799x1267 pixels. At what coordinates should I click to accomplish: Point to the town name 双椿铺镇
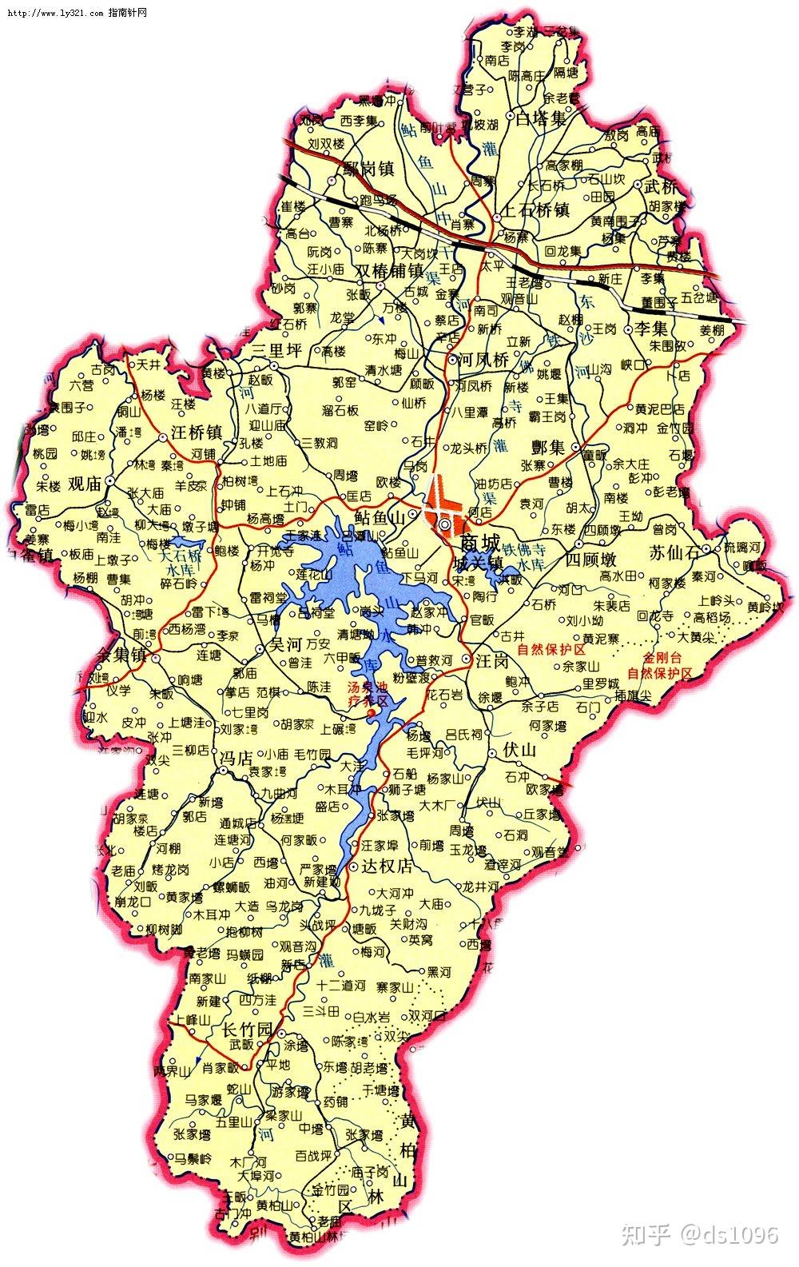tap(389, 270)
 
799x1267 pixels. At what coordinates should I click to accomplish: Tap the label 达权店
tap(388, 866)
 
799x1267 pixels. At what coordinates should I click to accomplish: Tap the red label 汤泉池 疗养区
tap(366, 694)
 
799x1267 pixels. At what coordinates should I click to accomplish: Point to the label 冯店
tap(235, 757)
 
